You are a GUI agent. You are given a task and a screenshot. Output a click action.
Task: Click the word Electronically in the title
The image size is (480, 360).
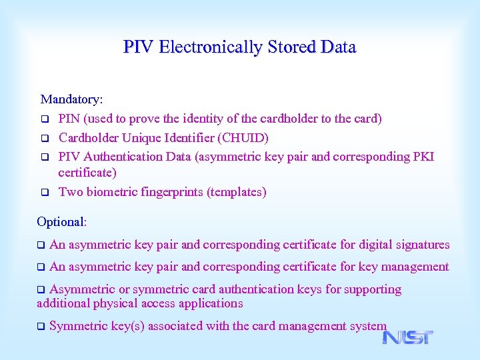click(211, 47)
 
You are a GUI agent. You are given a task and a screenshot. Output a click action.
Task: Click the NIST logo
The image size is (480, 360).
click(407, 337)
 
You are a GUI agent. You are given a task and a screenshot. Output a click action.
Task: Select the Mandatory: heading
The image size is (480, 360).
click(71, 99)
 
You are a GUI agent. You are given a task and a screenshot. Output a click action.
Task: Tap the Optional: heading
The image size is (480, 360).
click(62, 221)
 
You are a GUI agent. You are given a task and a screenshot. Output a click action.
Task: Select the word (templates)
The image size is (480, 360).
click(237, 192)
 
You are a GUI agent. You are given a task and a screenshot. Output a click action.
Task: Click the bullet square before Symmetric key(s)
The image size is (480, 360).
click(41, 327)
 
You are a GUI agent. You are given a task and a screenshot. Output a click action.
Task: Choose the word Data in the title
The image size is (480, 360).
click(338, 47)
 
